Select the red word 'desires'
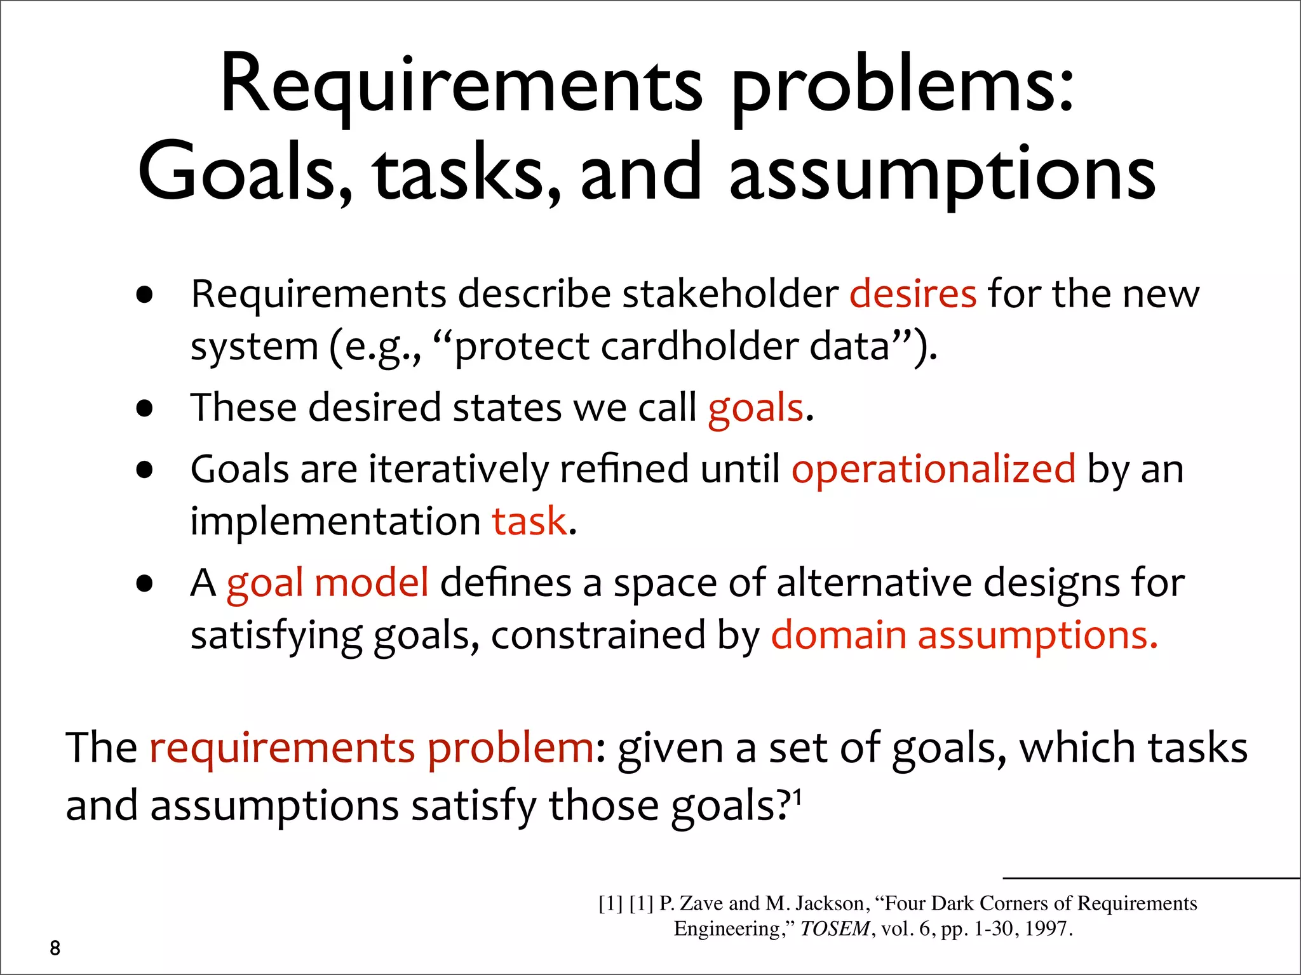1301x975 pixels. coord(912,294)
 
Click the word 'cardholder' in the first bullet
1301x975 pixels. coord(699,347)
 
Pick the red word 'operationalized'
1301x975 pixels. coord(933,469)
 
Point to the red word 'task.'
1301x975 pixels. coord(534,521)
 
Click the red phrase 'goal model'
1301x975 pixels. coord(327,582)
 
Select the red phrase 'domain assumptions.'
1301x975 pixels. coord(964,635)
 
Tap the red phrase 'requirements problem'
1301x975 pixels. coord(372,747)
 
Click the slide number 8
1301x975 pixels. coord(55,948)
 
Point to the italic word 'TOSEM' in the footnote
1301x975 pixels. coord(834,929)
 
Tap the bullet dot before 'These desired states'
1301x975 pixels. coord(145,408)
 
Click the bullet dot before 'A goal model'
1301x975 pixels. coord(145,583)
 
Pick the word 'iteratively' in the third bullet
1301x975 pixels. coord(458,469)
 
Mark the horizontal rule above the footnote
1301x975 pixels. coord(1150,879)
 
